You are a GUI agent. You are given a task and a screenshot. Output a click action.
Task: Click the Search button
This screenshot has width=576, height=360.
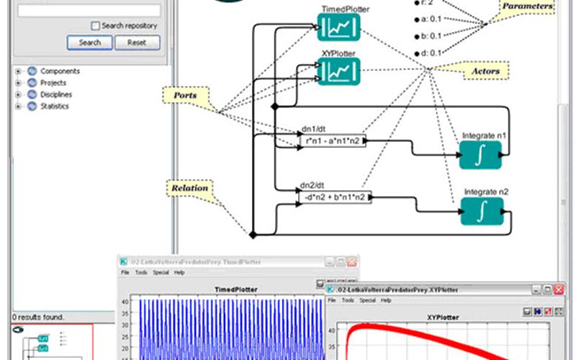[x=89, y=42]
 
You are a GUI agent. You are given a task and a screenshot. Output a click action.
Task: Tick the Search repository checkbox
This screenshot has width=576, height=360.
[x=96, y=25]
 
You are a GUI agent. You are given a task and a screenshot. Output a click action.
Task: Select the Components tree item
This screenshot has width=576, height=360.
[x=60, y=71]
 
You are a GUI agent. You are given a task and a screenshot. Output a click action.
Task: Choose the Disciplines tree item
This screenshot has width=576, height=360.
[x=56, y=94]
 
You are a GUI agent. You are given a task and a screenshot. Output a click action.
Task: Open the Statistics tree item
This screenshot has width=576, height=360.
[x=55, y=106]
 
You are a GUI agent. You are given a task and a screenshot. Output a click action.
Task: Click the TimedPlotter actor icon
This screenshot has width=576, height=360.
[x=338, y=27]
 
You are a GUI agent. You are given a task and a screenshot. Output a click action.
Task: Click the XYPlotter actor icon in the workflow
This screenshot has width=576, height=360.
[x=338, y=71]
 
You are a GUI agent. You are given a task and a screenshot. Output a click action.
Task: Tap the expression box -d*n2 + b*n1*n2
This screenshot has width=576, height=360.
[x=335, y=196]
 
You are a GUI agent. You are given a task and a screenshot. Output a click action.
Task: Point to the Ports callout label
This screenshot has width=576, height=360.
[x=185, y=94]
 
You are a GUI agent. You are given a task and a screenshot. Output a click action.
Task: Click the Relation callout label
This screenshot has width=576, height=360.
[x=189, y=188]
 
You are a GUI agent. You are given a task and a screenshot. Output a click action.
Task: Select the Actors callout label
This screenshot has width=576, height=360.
[x=485, y=71]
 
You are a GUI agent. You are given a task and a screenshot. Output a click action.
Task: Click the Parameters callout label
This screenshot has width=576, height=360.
[x=528, y=6]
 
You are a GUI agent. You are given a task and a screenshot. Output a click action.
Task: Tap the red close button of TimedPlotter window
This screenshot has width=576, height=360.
[x=352, y=262]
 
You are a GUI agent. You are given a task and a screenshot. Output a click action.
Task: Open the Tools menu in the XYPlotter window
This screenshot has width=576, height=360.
[x=348, y=300]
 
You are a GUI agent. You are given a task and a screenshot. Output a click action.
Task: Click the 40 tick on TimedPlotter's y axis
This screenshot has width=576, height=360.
[x=125, y=302]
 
